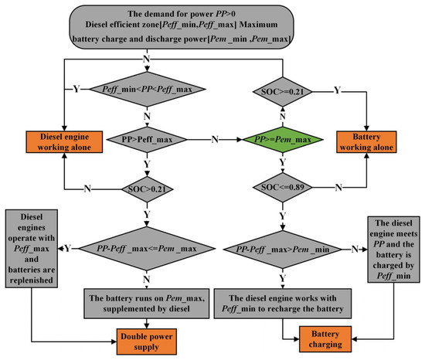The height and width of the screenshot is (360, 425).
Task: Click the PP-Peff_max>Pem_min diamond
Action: [284, 249]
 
